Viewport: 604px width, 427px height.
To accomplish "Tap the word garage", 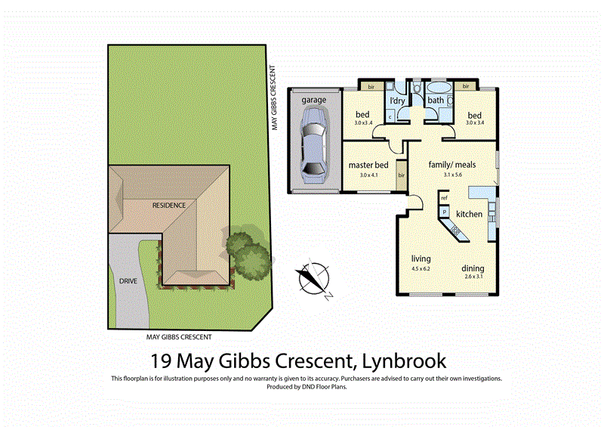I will pos(313,100).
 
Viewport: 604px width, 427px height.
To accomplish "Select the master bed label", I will pos(368,165).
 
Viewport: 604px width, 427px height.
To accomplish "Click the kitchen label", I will pos(469,215).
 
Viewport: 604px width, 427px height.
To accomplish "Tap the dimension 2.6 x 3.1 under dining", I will pos(473,277).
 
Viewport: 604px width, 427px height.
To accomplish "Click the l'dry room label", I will pos(398,101).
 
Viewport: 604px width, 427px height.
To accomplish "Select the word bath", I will pos(436,101).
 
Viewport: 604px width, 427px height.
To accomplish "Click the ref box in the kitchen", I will pos(445,198).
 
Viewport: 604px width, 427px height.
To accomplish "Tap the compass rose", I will pos(312,279).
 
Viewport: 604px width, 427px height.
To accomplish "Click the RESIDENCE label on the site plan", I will pos(169,204).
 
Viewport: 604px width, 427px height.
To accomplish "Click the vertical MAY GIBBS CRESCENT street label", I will pos(276,99).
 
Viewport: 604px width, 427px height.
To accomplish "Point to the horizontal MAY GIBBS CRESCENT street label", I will pos(179,337).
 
